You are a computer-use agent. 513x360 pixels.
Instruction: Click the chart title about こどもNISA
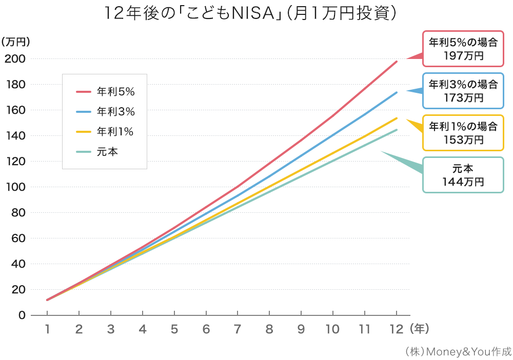[x=251, y=13]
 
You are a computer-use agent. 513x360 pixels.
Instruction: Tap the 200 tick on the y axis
[x=15, y=58]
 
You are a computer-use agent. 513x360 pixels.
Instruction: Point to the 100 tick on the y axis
[x=15, y=187]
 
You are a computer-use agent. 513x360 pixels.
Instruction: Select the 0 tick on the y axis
[x=22, y=315]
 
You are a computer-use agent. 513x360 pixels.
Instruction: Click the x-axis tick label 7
[x=238, y=329]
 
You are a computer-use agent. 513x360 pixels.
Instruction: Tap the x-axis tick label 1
[x=47, y=329]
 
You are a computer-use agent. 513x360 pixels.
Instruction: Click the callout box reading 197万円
[x=463, y=49]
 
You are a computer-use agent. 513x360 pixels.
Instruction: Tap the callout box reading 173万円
[x=463, y=90]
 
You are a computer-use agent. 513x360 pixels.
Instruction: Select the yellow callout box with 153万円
[x=463, y=132]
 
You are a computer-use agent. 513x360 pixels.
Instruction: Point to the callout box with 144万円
[x=463, y=174]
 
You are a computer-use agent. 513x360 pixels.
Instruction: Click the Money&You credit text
[x=458, y=351]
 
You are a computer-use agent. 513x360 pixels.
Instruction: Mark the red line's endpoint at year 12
[x=397, y=62]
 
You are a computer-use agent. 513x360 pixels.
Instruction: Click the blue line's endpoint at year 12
[x=397, y=92]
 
